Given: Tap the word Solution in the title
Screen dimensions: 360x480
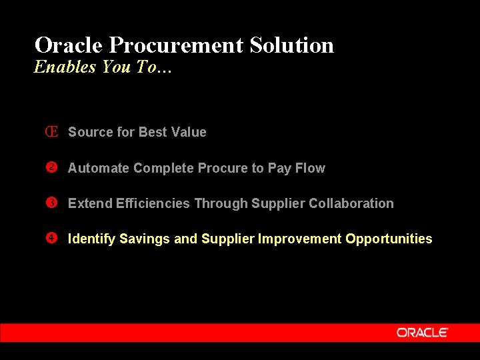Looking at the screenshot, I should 292,45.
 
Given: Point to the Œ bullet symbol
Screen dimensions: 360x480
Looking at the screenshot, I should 51,132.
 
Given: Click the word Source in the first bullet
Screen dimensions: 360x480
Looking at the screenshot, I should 91,132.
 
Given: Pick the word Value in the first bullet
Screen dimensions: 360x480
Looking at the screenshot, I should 189,132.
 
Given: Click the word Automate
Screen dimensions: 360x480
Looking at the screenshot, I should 99,168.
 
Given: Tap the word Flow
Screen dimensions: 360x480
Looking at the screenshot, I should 310,168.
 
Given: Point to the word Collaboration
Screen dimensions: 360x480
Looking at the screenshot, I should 351,203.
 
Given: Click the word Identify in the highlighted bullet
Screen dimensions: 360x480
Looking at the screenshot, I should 91,239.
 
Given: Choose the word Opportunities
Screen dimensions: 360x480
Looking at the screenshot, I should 389,239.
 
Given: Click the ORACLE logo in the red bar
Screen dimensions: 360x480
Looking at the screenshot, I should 423,333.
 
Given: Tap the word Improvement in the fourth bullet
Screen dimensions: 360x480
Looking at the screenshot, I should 299,239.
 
